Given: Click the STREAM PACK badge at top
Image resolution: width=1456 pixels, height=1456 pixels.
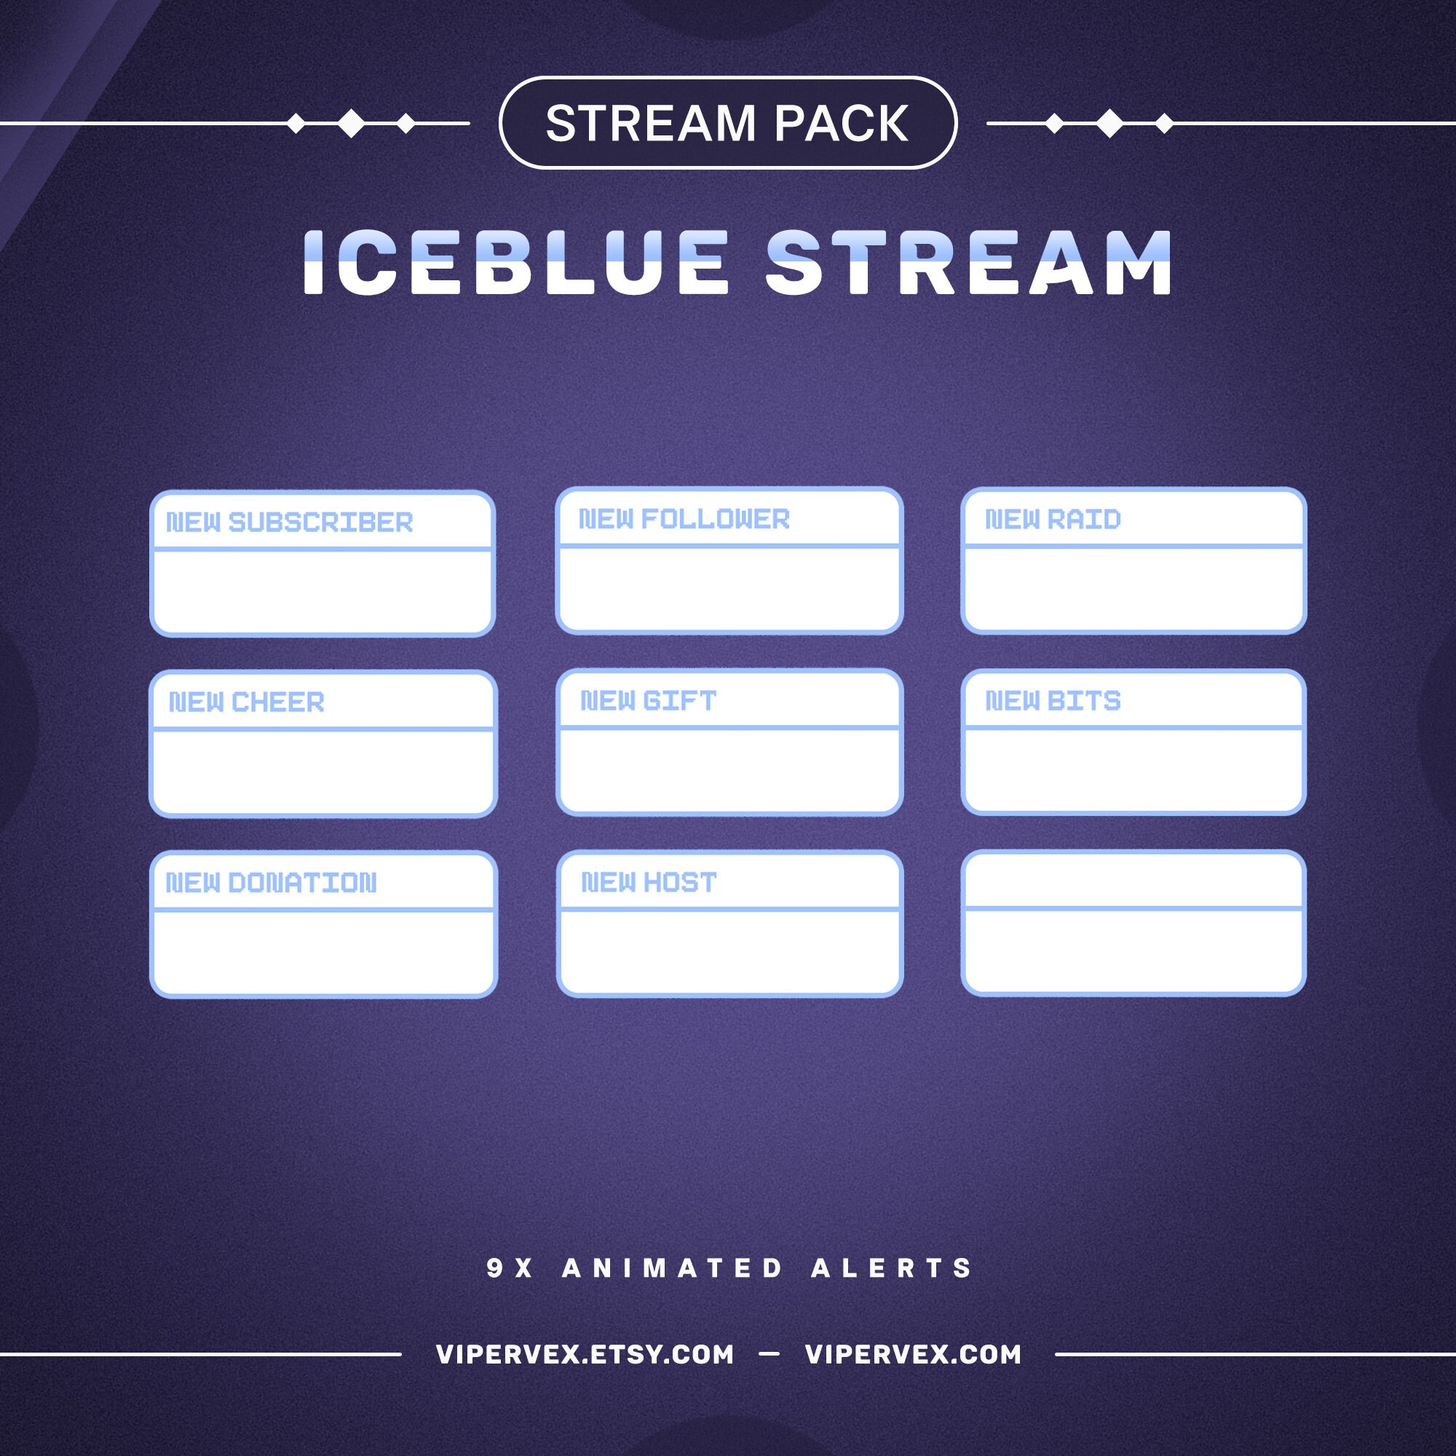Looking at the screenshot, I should pos(727,123).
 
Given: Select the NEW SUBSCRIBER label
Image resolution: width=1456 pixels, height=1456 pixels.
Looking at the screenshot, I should pos(290,522).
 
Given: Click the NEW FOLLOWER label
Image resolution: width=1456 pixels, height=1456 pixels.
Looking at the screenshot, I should pos(684,519).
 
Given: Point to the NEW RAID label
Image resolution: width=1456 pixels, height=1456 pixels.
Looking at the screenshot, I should pos(1053,519).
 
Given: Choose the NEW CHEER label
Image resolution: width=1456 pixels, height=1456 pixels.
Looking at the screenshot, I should pos(247,703).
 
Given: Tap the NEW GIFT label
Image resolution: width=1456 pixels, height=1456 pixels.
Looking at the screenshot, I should pos(648,701).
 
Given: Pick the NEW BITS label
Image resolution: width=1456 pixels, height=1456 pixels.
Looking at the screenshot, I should pos(1053,701).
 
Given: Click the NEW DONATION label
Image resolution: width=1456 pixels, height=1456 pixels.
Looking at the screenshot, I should pos(272,882).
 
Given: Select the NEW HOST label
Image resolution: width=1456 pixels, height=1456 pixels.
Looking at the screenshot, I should pos(649,882).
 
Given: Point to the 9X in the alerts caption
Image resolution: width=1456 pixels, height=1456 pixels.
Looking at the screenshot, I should pos(510,1268).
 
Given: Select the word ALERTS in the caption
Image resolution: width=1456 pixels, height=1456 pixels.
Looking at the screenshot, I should pos(893,1268).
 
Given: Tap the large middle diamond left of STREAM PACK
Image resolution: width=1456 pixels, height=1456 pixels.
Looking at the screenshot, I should pos(350,123).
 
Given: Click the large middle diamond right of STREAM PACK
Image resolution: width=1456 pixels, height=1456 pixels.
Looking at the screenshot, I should pos(1109,123).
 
